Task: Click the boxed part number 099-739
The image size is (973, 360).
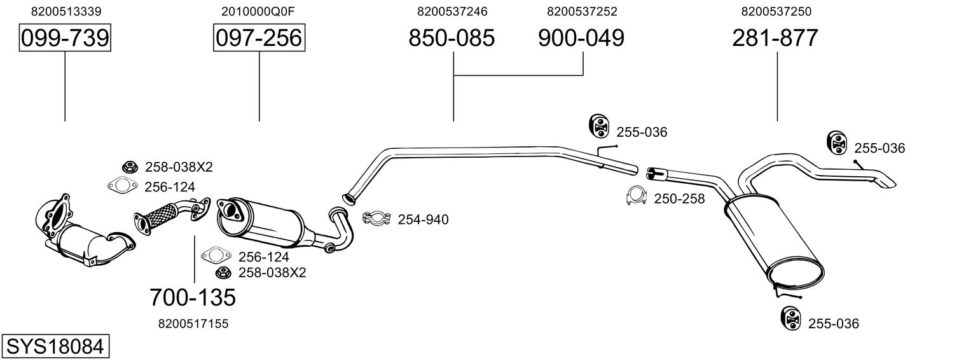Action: (x=65, y=38)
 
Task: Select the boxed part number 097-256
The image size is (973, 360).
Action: (x=259, y=38)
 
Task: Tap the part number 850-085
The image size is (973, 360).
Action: (x=452, y=38)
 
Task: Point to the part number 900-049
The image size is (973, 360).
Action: (x=581, y=38)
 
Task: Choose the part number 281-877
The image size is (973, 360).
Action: (x=775, y=38)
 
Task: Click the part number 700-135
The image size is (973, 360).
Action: (x=193, y=296)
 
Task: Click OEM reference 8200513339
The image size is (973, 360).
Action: (x=66, y=11)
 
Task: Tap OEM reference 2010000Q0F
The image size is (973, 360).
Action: (x=259, y=11)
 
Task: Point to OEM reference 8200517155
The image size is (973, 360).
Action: (x=193, y=324)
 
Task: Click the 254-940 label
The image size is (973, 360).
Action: (x=423, y=220)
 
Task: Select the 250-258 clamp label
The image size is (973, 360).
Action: (x=679, y=199)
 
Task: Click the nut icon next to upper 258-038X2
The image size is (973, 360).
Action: (x=129, y=167)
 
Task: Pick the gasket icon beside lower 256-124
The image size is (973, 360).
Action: (x=215, y=256)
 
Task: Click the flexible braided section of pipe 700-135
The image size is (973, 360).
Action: (x=163, y=212)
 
